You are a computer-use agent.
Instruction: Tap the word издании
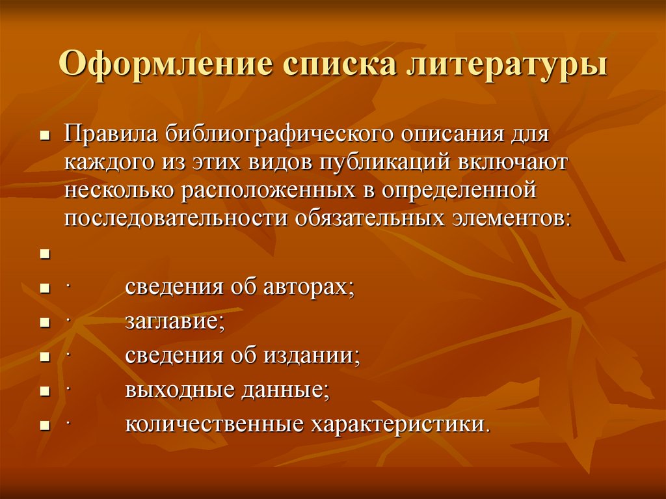[313, 355]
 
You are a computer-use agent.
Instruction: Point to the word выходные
[171, 390]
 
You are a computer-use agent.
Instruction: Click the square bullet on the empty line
[45, 254]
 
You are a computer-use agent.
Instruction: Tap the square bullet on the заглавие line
[45, 323]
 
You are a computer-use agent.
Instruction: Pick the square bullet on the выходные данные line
[45, 392]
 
